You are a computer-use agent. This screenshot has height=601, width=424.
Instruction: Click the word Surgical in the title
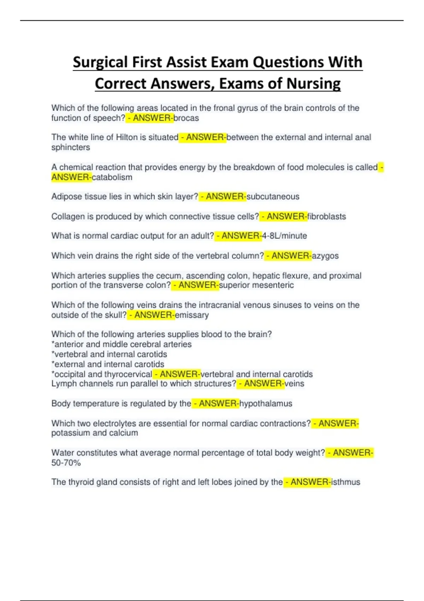coord(100,63)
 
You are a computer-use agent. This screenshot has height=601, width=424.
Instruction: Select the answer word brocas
coord(186,118)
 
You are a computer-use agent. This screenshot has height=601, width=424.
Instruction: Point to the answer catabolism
coord(112,177)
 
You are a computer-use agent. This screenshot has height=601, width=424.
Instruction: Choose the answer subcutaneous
coord(273,197)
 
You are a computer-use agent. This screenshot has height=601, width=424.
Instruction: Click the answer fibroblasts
coord(327,216)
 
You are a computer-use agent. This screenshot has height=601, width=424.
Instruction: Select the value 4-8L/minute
coord(284,236)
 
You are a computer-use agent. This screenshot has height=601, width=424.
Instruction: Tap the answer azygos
coord(325,256)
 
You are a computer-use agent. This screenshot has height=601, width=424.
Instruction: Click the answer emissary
coord(192,315)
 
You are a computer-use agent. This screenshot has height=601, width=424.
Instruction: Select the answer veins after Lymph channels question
coord(294,384)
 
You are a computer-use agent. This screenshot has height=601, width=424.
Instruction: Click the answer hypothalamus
coord(266,403)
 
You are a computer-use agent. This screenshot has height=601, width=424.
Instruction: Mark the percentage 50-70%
coord(66,462)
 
